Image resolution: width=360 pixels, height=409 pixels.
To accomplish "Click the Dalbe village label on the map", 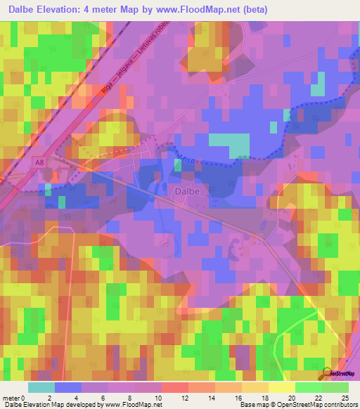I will tap(185, 190).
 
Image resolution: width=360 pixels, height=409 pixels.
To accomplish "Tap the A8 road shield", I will tap(39, 162).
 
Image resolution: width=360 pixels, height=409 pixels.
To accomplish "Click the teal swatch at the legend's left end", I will tap(41, 387).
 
